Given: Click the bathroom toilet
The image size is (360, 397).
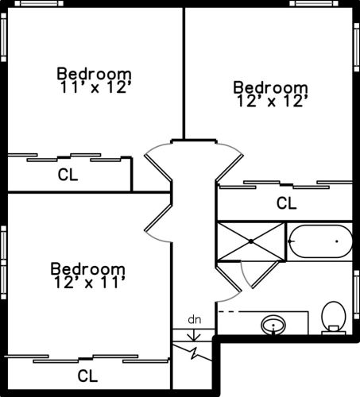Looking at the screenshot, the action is click(334, 318).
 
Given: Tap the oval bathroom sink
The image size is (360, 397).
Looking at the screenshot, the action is click(273, 325).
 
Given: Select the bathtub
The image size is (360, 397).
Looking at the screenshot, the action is click(320, 241).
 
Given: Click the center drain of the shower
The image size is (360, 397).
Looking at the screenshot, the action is click(251, 241).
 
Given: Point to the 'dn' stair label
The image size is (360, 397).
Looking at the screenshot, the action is click(195, 319).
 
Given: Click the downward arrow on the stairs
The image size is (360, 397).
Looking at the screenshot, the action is click(194, 335).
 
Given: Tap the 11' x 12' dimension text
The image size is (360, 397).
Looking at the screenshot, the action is click(95, 87).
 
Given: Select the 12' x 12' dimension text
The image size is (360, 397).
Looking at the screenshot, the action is click(273, 101).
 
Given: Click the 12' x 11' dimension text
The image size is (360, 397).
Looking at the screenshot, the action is click(89, 282).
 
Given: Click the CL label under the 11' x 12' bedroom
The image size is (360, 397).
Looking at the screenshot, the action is click(68, 175).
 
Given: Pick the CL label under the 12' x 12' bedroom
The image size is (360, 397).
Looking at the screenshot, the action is click(286, 203).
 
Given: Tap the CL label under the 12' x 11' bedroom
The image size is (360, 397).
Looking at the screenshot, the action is click(87, 376).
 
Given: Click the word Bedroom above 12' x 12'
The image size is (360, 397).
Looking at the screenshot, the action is click(270, 87).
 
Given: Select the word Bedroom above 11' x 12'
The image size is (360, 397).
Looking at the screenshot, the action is click(94, 74).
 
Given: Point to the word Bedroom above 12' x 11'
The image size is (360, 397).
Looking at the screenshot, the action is click(87, 268).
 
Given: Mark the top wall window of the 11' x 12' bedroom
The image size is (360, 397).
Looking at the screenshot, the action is click(39, 3).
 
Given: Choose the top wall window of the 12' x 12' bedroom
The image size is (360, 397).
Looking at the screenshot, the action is click(314, 3).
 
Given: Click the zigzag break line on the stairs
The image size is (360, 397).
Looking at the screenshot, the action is click(192, 352).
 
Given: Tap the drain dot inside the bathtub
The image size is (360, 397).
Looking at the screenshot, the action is click(337, 241).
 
